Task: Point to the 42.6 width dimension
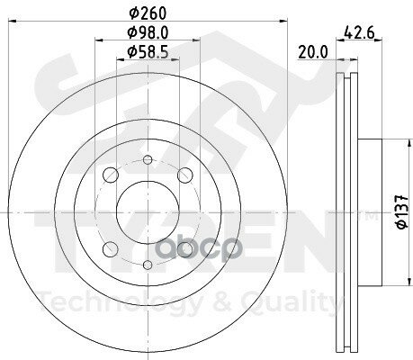(x=355, y=35)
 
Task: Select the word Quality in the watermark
(x=297, y=302)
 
